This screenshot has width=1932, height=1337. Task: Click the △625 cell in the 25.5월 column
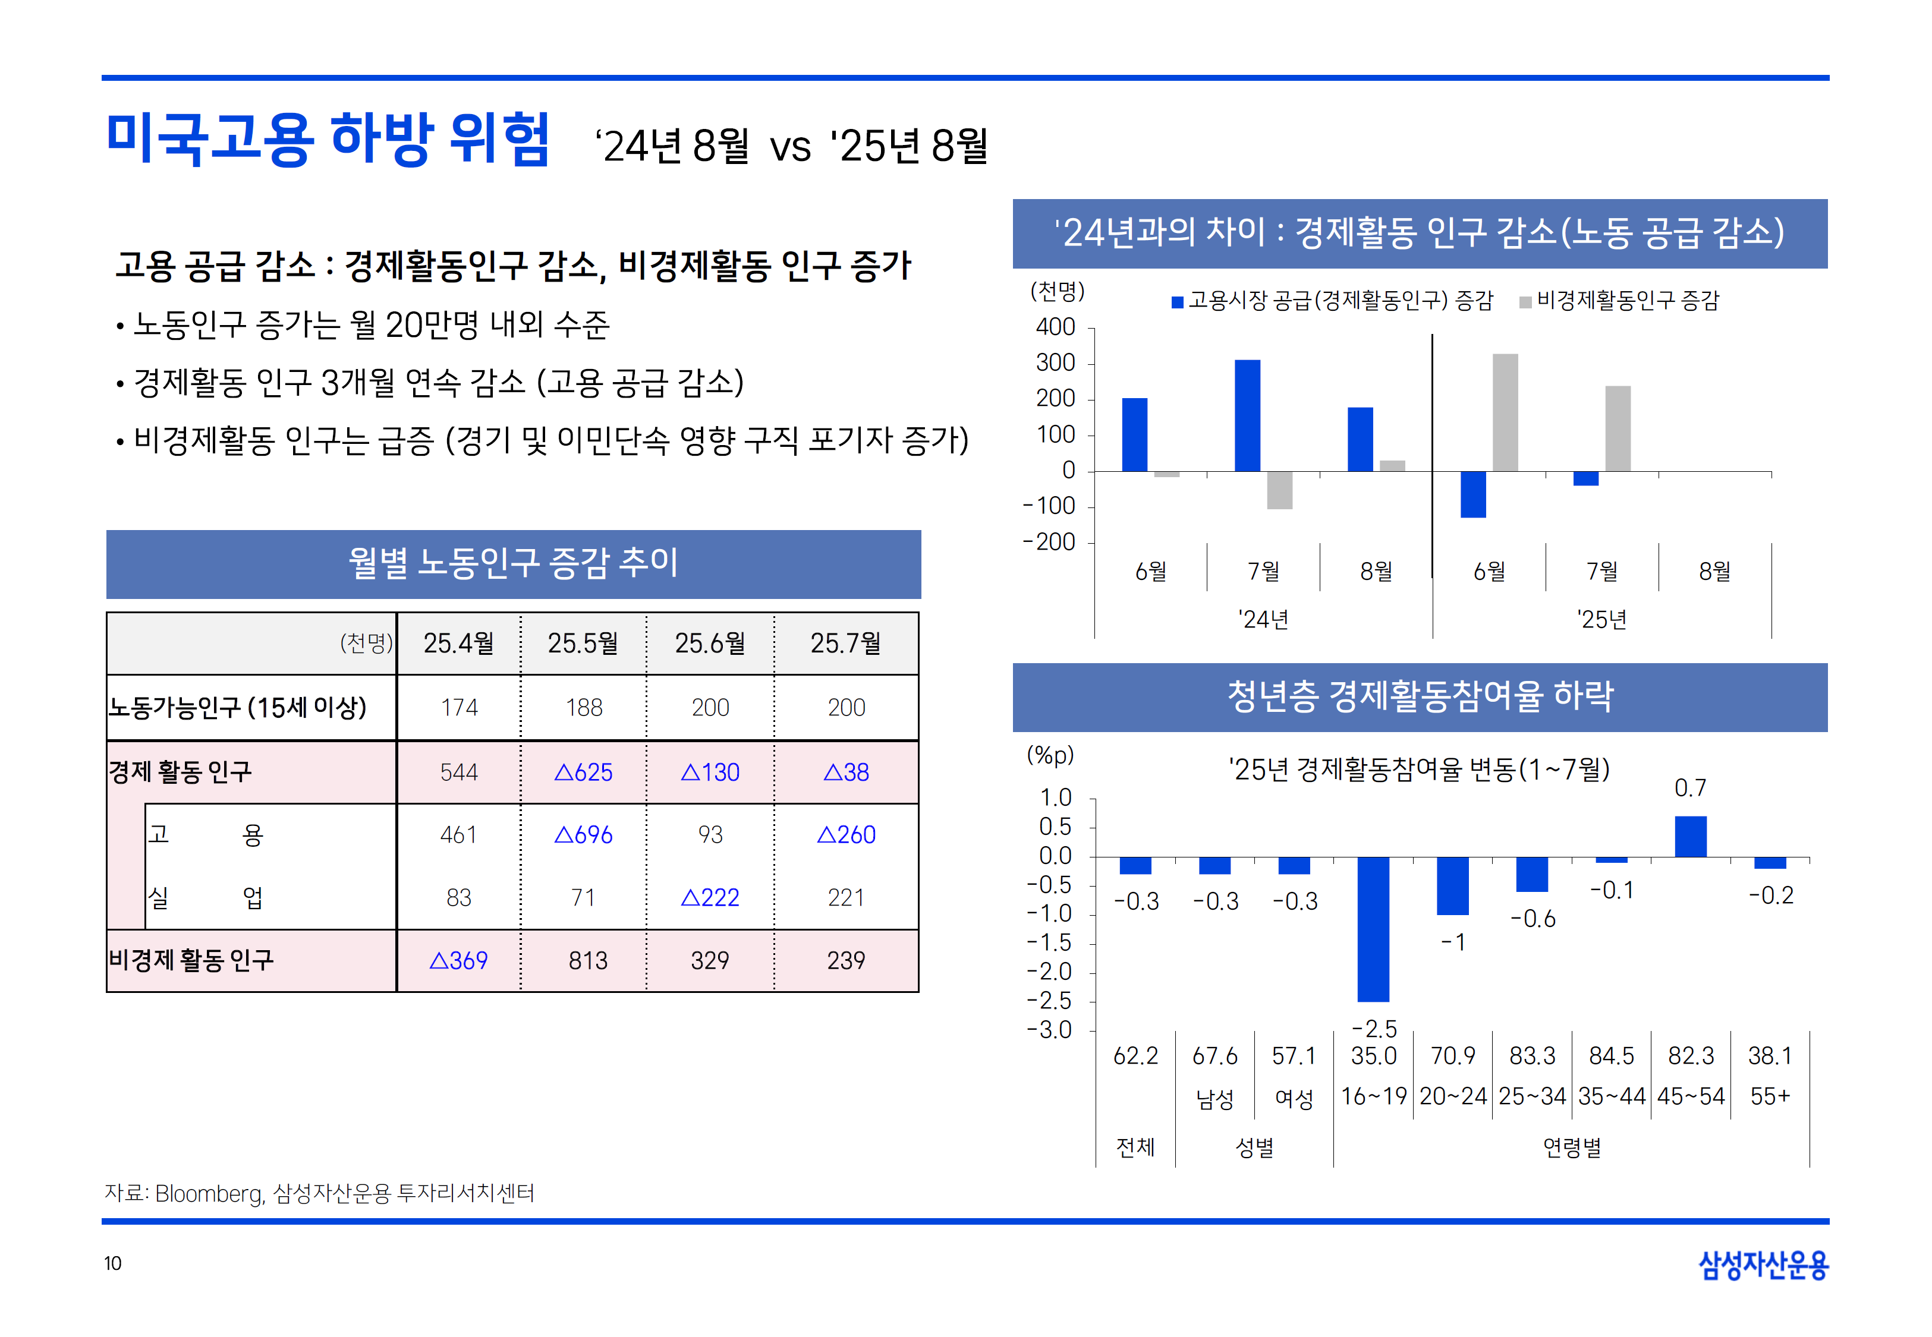coord(583,771)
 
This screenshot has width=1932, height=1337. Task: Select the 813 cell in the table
coord(587,960)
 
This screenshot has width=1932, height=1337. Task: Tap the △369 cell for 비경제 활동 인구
coord(458,960)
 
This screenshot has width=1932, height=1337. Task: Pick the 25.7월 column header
coord(845,644)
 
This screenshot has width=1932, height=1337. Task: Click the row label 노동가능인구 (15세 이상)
coord(238,707)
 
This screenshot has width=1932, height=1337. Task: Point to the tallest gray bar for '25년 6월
coord(1505,412)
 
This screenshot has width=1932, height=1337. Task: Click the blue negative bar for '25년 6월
coord(1473,494)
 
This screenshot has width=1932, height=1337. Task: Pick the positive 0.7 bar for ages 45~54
coord(1690,836)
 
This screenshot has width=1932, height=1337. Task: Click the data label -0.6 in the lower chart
coord(1533,919)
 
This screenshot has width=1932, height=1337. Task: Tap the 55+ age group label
coord(1770,1096)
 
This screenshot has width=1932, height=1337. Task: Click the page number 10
coord(112,1263)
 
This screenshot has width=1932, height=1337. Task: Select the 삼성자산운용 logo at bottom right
coord(1763,1265)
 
